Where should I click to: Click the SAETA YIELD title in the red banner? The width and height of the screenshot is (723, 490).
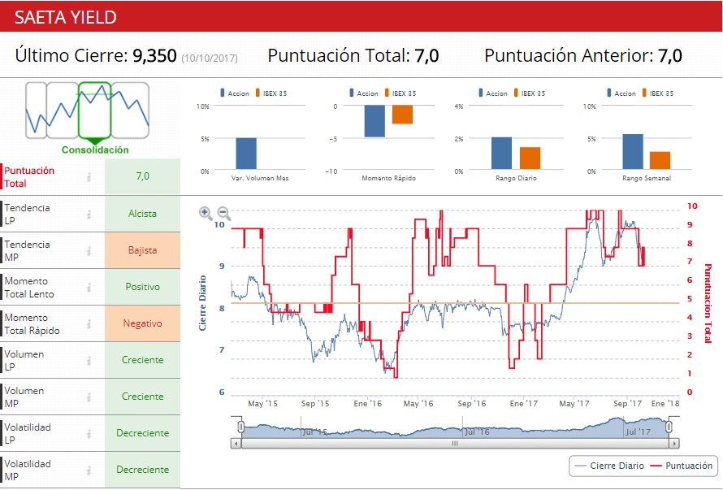pyautogui.click(x=66, y=17)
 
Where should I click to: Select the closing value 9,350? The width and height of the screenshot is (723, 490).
pyautogui.click(x=154, y=56)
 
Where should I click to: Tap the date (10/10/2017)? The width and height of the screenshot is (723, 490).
pyautogui.click(x=209, y=58)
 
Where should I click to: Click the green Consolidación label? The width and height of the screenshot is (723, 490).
pyautogui.click(x=95, y=150)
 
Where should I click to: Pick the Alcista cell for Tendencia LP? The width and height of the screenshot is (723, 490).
pyautogui.click(x=142, y=214)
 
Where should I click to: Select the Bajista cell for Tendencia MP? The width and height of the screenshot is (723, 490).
pyautogui.click(x=142, y=250)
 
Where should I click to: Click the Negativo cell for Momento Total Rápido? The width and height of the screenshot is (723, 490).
pyautogui.click(x=142, y=323)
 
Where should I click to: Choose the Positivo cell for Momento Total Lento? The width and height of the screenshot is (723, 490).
pyautogui.click(x=142, y=287)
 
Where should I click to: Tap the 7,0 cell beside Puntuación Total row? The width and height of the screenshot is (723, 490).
pyautogui.click(x=142, y=176)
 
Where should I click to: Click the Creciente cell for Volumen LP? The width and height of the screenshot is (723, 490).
pyautogui.click(x=142, y=360)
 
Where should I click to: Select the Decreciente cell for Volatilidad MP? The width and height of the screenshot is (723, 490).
pyautogui.click(x=142, y=470)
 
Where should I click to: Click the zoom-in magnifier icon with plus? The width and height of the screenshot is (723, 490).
pyautogui.click(x=206, y=213)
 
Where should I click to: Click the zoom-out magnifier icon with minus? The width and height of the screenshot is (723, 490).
pyautogui.click(x=224, y=214)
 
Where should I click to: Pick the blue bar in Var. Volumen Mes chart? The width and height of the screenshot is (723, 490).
pyautogui.click(x=246, y=154)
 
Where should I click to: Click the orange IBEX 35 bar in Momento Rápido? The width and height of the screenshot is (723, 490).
pyautogui.click(x=402, y=115)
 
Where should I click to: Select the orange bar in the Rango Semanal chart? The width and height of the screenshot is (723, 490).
pyautogui.click(x=660, y=161)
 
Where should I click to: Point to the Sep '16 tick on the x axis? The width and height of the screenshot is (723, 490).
pyautogui.click(x=471, y=403)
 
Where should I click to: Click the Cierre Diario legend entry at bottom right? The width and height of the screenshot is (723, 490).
pyautogui.click(x=608, y=466)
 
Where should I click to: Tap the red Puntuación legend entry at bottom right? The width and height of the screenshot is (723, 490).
pyautogui.click(x=682, y=466)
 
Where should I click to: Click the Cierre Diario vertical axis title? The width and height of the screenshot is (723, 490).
pyautogui.click(x=203, y=303)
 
